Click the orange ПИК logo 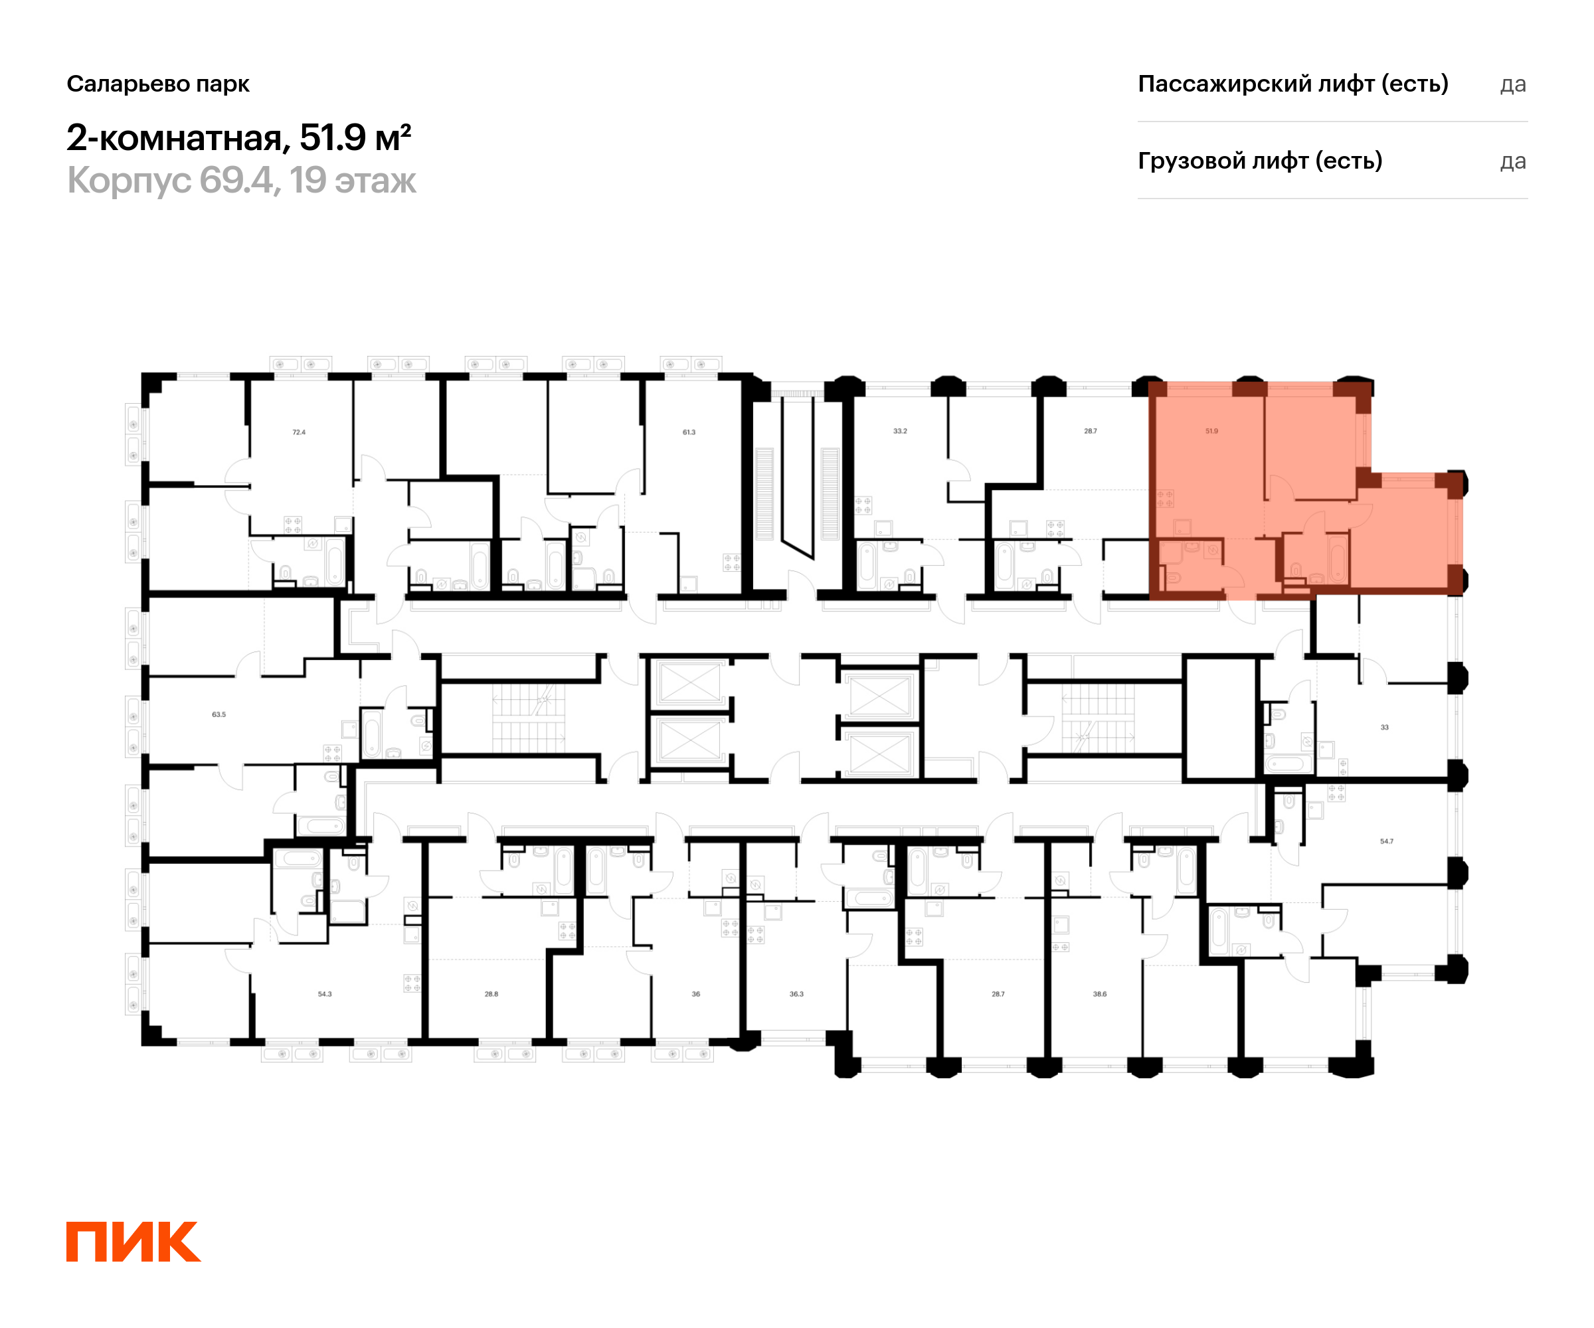133,1242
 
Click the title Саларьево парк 158,84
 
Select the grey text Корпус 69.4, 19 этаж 241,181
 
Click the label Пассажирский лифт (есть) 1292,84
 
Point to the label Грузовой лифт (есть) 1260,161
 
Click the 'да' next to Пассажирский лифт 1513,84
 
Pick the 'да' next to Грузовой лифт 1513,161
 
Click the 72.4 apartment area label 299,432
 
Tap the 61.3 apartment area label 689,432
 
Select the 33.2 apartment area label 899,431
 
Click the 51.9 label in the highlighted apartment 1211,431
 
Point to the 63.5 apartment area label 219,714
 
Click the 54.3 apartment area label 325,994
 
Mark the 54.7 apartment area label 1387,841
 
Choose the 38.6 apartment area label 1100,994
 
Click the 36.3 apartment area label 796,994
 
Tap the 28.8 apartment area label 491,994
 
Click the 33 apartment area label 1385,727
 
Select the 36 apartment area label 696,994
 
